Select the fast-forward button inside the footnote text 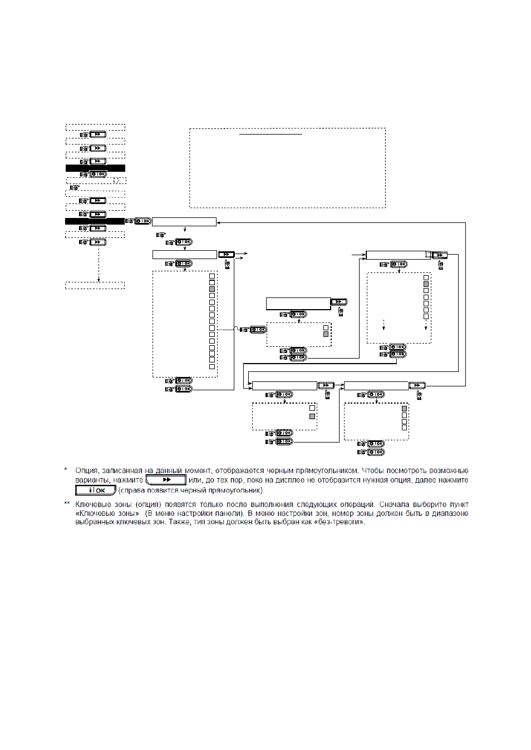click(166, 480)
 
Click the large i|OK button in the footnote click(96, 490)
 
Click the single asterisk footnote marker click(66, 470)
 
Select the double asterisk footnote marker click(67, 503)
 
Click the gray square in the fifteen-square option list click(212, 289)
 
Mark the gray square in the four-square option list click(404, 409)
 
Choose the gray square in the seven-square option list click(426, 284)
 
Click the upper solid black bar click(95, 168)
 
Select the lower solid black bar click(95, 221)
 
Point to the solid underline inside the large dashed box click(271, 135)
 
